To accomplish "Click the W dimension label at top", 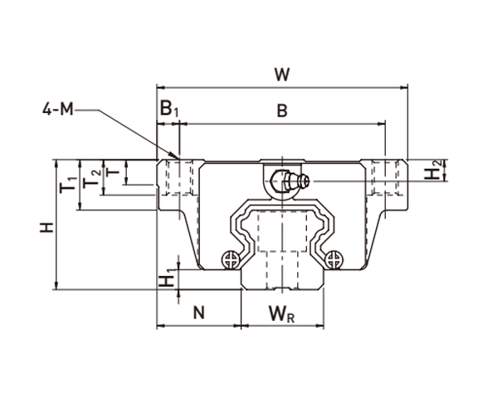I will [283, 74].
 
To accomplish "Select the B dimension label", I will [281, 112].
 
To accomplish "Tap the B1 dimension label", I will [168, 109].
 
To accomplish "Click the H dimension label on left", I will [47, 226].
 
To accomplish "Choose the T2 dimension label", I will [95, 176].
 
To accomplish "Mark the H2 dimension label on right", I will [432, 171].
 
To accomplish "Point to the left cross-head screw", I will [229, 260].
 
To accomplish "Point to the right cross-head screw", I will [334, 260].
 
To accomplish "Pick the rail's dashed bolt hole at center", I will [282, 249].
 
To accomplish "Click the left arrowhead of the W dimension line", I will [160, 86].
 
